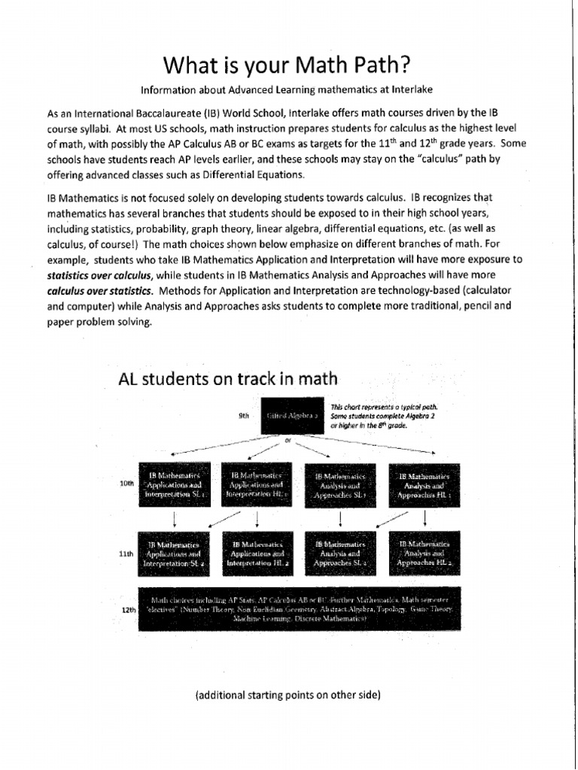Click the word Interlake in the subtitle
tap(411, 89)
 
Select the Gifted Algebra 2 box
tap(294, 414)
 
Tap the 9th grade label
tap(243, 414)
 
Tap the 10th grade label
tap(126, 484)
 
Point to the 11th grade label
tap(126, 553)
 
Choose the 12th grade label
tap(128, 610)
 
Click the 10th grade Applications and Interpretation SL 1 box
tap(175, 485)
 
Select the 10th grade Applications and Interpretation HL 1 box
tap(257, 485)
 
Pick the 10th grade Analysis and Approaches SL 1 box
tap(341, 485)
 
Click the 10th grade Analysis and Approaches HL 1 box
tap(424, 485)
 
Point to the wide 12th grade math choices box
tap(299, 608)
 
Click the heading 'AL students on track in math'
tap(228, 378)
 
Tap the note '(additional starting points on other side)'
tap(288, 695)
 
